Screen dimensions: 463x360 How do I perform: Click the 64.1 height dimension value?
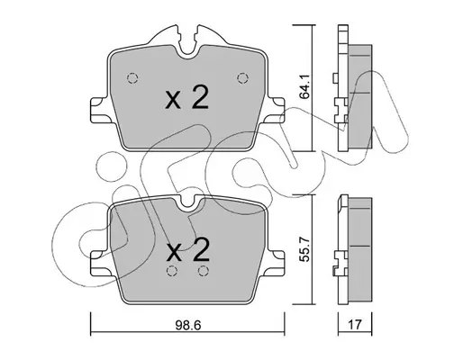305,87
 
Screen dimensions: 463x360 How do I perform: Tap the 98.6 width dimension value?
188,325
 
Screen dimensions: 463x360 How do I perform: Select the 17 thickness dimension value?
355,325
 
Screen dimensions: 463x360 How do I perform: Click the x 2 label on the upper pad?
186,97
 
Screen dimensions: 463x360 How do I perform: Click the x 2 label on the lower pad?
188,250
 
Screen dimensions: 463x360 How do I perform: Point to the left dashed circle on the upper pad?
132,78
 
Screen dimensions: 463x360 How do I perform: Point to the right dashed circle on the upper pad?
242,78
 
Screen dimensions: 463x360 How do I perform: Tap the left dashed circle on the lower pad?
172,271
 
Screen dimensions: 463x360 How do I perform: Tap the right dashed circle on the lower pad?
204,271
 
